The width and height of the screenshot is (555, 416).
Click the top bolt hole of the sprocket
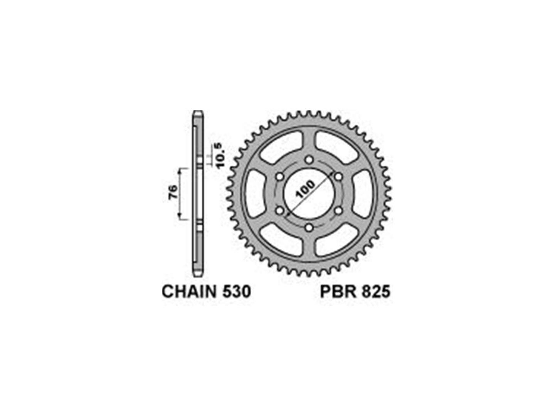coord(308,159)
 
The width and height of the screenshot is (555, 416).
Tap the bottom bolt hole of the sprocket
coord(308,228)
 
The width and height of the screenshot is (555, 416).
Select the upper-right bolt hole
coord(338,176)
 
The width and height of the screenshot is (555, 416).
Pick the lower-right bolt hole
coord(338,211)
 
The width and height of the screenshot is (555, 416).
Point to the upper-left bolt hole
coord(279,176)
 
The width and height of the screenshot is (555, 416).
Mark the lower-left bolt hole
coord(279,211)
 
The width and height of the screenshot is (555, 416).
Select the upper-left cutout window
coord(281,148)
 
